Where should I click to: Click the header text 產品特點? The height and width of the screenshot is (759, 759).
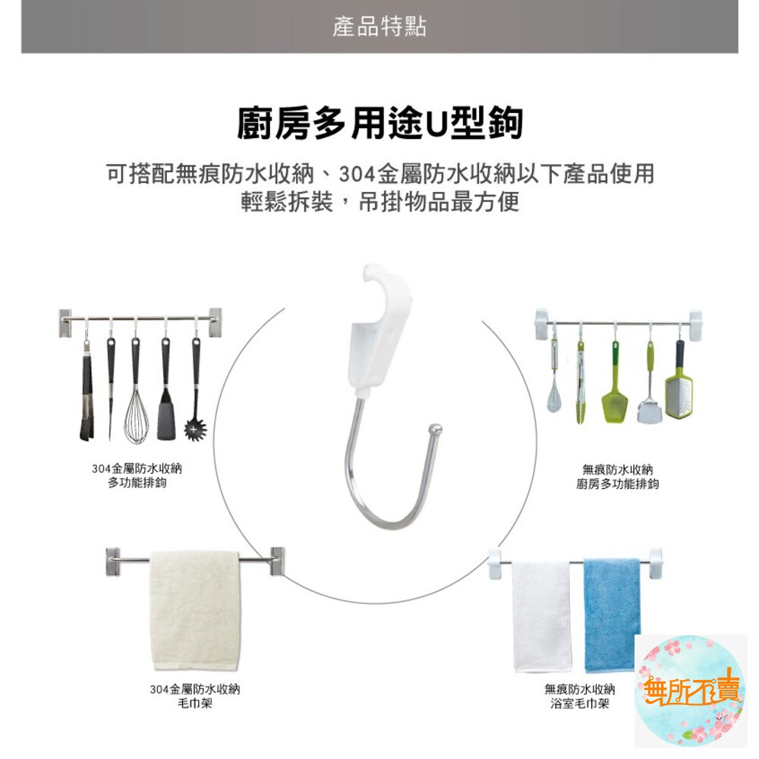pos(379,27)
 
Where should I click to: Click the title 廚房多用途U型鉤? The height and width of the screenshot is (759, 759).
pos(379,123)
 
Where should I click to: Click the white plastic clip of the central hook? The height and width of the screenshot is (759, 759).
pos(372,334)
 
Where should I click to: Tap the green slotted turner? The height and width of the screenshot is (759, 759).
pos(614,391)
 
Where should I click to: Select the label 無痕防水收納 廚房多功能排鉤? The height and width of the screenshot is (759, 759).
pos(617,476)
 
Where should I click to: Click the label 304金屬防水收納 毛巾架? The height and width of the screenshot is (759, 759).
pos(195,696)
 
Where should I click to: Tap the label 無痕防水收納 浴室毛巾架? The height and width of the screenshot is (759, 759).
pos(579,696)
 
